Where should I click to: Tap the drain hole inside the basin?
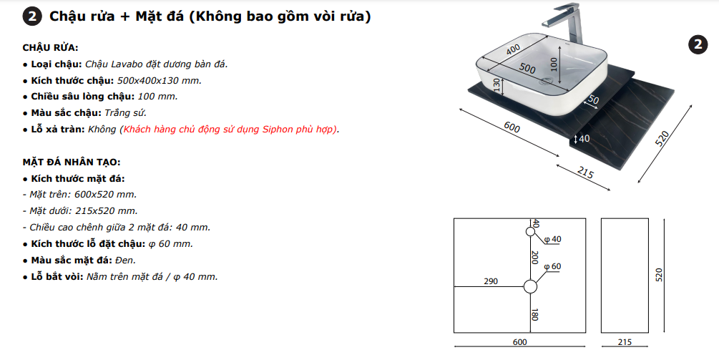[x=546, y=82]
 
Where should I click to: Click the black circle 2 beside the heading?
[x=31, y=17]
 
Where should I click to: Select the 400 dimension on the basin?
[x=514, y=49]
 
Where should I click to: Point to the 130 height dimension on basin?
[x=497, y=85]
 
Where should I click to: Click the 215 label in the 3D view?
[x=585, y=172]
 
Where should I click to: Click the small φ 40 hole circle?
[x=531, y=232]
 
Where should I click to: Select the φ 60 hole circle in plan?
[x=531, y=287]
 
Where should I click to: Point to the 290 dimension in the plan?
[x=491, y=281]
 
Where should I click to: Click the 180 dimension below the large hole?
[x=534, y=314]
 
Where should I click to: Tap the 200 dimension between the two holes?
[x=534, y=257]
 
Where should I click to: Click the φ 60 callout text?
[x=552, y=266]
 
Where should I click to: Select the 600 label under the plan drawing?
[x=519, y=342]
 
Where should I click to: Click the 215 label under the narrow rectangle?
[x=625, y=342]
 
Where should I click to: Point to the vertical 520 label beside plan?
[x=659, y=275]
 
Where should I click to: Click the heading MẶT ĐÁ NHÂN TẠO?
[x=72, y=162]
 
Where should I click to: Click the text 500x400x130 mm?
[x=160, y=81]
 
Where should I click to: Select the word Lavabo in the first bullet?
[x=125, y=64]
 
